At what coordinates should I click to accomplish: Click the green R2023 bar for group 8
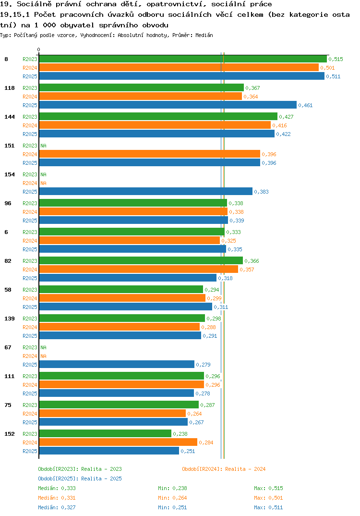pyautogui.click(x=183, y=59)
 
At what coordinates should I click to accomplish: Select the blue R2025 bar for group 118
pyautogui.click(x=168, y=105)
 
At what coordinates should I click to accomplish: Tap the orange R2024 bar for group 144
pyautogui.click(x=155, y=125)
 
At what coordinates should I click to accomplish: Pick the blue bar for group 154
pyautogui.click(x=146, y=192)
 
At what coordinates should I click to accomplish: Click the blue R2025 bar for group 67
pyautogui.click(x=117, y=364)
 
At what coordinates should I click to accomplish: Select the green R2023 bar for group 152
pyautogui.click(x=105, y=433)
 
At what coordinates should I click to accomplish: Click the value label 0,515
pyautogui.click(x=336, y=59)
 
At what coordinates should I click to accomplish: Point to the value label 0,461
pyautogui.click(x=305, y=105)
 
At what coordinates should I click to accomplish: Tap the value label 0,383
pyautogui.click(x=262, y=192)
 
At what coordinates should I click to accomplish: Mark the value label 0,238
pyautogui.click(x=180, y=434)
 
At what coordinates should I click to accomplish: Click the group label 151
pyautogui.click(x=10, y=146)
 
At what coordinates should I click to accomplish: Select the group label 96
pyautogui.click(x=8, y=203)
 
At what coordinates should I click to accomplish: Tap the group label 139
pyautogui.click(x=10, y=318)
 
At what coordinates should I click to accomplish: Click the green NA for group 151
pyautogui.click(x=43, y=146)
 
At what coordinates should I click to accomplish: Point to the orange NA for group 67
pyautogui.click(x=43, y=356)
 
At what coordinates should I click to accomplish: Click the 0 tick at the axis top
pyautogui.click(x=39, y=49)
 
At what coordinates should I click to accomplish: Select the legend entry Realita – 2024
pyautogui.click(x=224, y=469)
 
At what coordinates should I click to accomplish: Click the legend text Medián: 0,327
pyautogui.click(x=57, y=507)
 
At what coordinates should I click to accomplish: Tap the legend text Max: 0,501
pyautogui.click(x=268, y=498)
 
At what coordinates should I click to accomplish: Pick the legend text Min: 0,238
pyautogui.click(x=172, y=488)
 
